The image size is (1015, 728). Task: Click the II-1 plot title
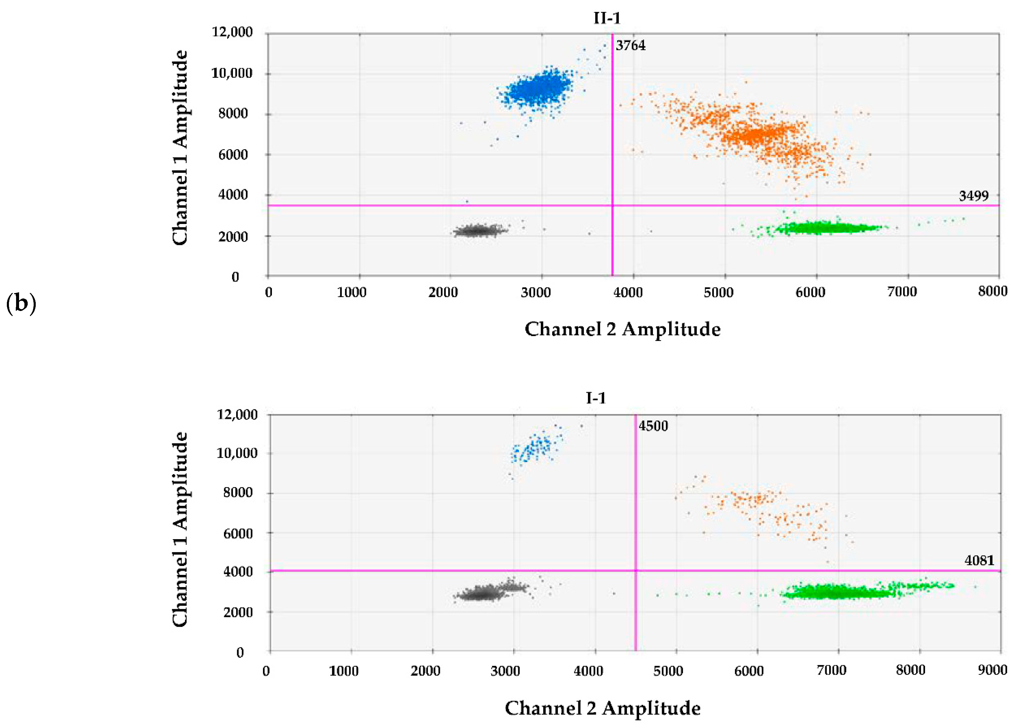[x=607, y=18]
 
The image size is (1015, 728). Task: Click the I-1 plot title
[x=596, y=398]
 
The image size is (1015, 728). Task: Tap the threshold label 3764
[x=630, y=46]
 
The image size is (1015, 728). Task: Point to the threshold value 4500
[x=653, y=426]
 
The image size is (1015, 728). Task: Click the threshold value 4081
[x=979, y=561]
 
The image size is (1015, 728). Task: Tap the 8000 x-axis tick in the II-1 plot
[x=992, y=292]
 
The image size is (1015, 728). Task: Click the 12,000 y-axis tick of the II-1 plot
[x=232, y=32]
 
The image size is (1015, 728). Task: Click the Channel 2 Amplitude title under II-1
[x=622, y=329]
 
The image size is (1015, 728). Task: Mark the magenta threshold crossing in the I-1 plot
[x=635, y=570]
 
